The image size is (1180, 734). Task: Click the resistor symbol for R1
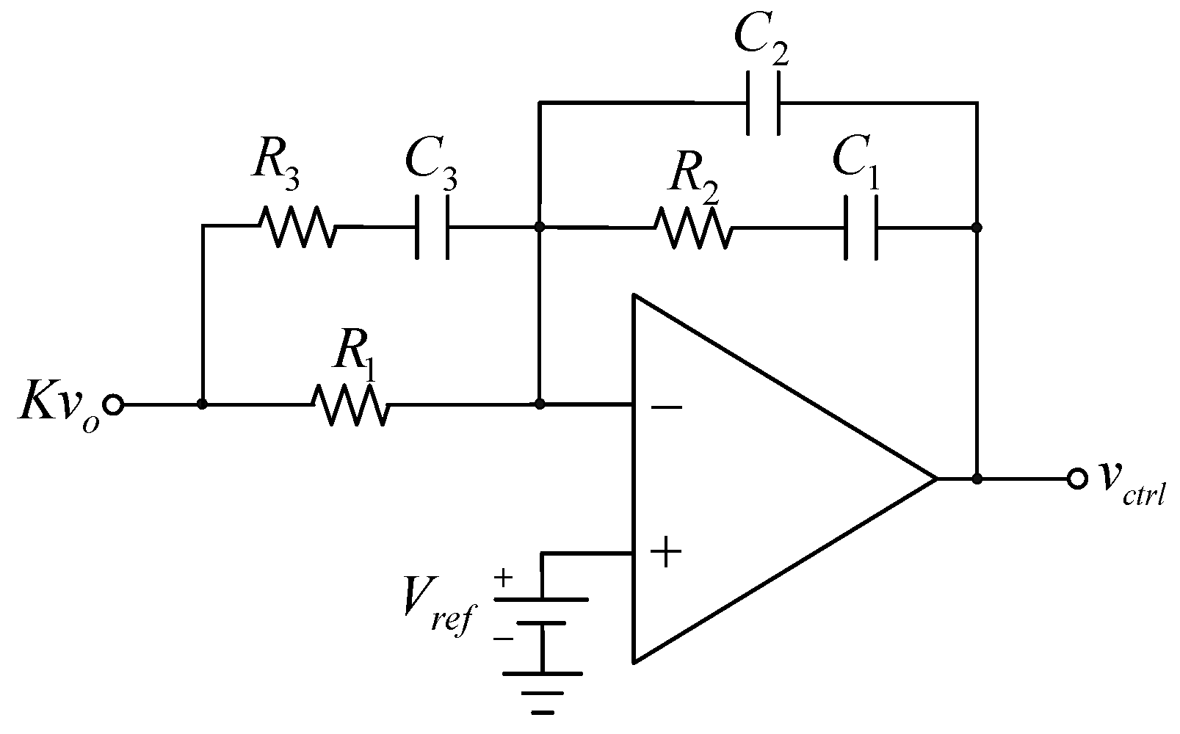click(350, 404)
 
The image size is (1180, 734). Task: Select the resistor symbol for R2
click(692, 228)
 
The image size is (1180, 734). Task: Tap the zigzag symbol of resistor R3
click(297, 226)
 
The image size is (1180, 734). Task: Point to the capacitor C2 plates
click(764, 103)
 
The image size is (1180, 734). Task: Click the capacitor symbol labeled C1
click(860, 228)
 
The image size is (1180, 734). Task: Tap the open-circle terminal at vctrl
click(1077, 479)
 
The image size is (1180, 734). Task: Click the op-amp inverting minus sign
click(666, 407)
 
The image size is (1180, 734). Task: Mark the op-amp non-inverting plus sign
click(665, 552)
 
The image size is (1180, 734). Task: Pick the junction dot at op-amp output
click(977, 479)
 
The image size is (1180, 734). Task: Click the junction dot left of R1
click(202, 404)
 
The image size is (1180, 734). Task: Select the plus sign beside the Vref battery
click(503, 578)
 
